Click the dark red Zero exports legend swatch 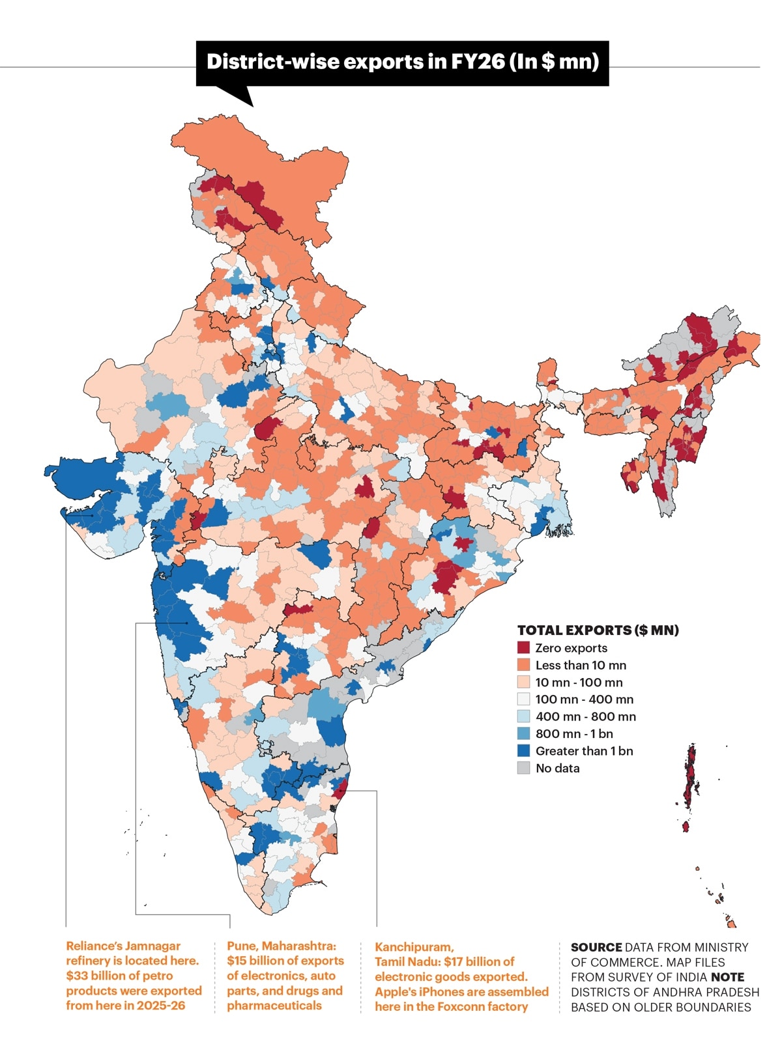coord(523,647)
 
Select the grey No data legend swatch coord(523,768)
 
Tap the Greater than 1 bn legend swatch coord(523,751)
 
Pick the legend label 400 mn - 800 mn coord(586,716)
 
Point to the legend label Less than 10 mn coord(581,665)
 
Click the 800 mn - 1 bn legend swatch coord(523,733)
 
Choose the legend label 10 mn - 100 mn coord(579,682)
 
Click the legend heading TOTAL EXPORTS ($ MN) coord(598,630)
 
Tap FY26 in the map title coord(477,62)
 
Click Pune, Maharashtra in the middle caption coord(282,946)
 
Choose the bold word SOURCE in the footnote coord(596,947)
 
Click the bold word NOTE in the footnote coord(727,977)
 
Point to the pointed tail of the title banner coord(253,106)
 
